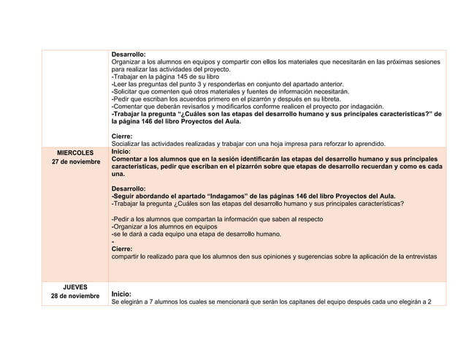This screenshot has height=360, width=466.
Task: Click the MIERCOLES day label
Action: pyautogui.click(x=71, y=152)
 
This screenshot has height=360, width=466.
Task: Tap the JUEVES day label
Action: pyautogui.click(x=71, y=286)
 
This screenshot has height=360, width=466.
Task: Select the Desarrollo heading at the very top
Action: pyautogui.click(x=128, y=54)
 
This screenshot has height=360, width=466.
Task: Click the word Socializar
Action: pyautogui.click(x=127, y=143)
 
